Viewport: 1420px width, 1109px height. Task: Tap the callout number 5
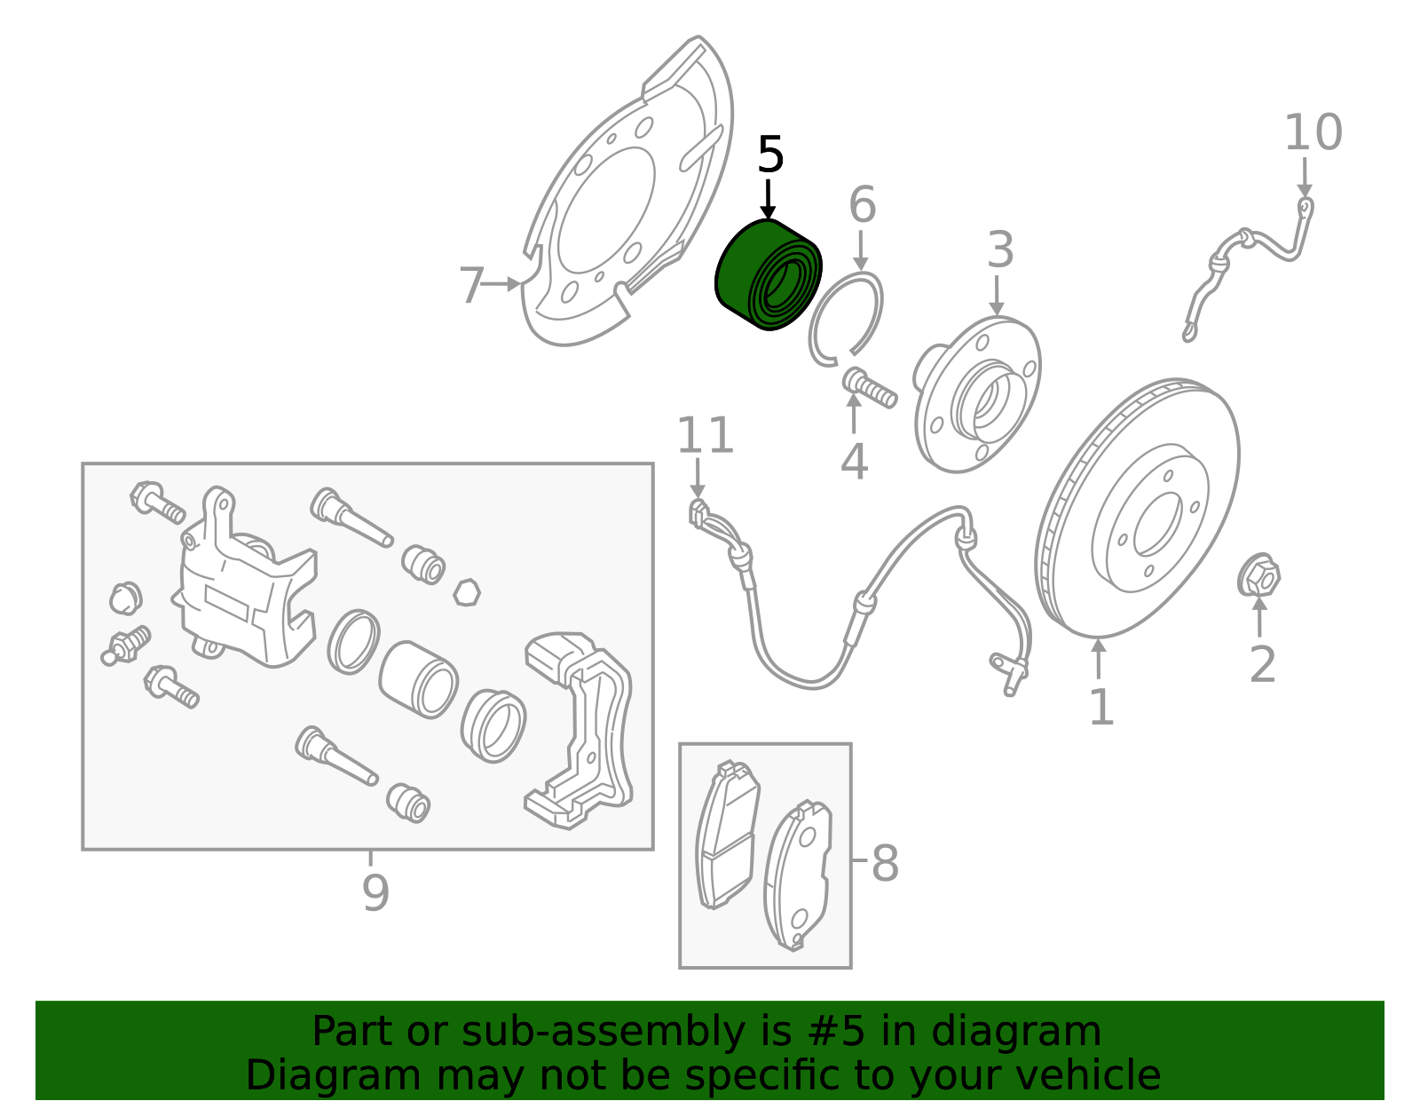pos(770,156)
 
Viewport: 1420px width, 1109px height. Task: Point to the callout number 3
pos(1000,250)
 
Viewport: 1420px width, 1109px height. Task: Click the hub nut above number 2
pos(1258,576)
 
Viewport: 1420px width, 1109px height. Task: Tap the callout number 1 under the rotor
pos(1100,708)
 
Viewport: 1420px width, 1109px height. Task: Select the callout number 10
pos(1313,133)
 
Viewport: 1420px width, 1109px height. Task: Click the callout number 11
pos(705,436)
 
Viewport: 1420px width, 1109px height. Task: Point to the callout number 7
pos(471,286)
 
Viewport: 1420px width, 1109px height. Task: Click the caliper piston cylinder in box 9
pos(418,679)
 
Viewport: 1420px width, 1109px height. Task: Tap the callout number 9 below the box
pos(375,892)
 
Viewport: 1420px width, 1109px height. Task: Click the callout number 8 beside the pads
pos(885,862)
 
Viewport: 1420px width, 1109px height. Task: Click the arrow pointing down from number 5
pos(769,200)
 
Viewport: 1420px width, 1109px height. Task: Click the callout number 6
pos(862,205)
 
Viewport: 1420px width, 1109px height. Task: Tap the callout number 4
pos(854,462)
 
